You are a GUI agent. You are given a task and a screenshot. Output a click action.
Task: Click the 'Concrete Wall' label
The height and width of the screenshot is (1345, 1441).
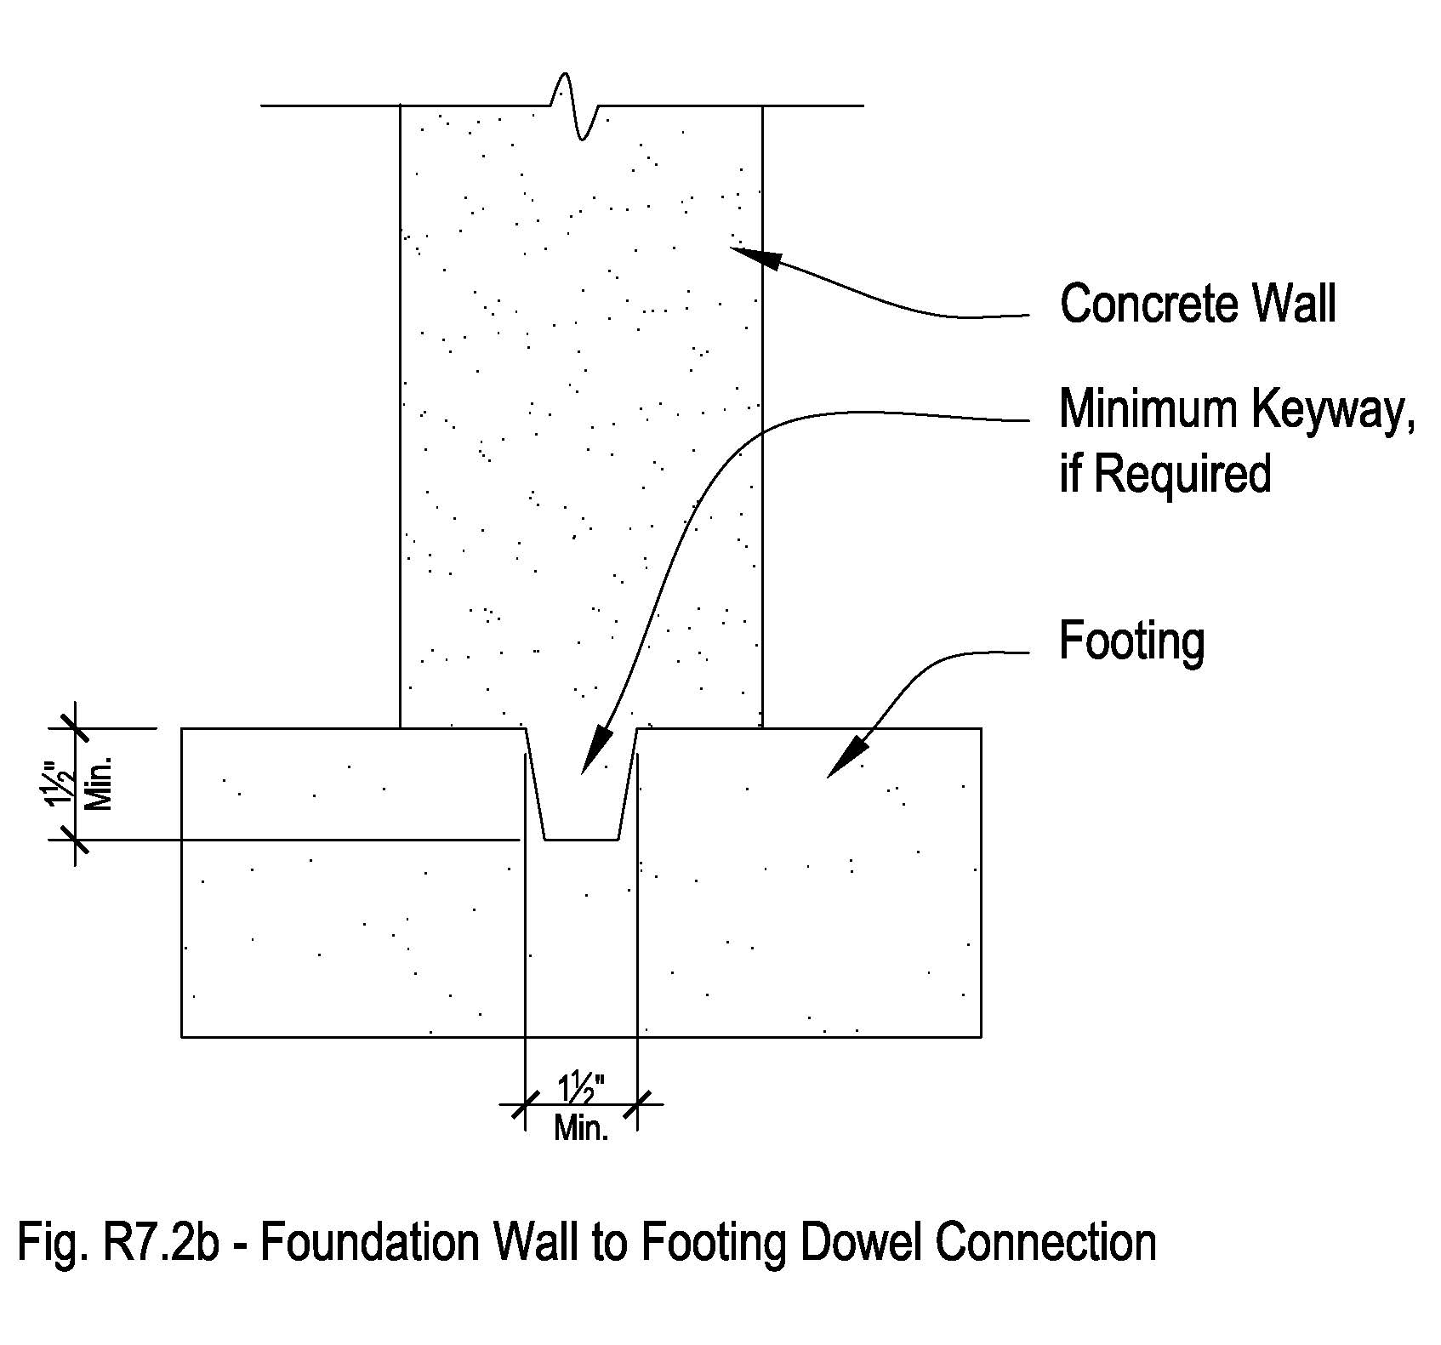coord(1197,304)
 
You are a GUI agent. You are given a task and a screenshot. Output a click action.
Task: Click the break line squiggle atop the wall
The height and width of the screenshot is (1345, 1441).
coord(576,106)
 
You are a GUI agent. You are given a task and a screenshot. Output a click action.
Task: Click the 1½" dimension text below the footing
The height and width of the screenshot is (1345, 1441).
coord(581,1090)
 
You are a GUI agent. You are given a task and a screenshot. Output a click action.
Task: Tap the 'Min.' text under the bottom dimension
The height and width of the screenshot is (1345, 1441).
coord(581,1129)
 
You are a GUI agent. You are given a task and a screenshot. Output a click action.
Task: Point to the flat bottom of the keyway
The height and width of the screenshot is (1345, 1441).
coord(581,840)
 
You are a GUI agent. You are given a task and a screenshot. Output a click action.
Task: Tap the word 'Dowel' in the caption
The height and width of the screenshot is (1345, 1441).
coord(859,1243)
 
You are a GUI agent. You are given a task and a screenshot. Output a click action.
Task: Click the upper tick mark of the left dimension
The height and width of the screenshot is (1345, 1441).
coord(75,728)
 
